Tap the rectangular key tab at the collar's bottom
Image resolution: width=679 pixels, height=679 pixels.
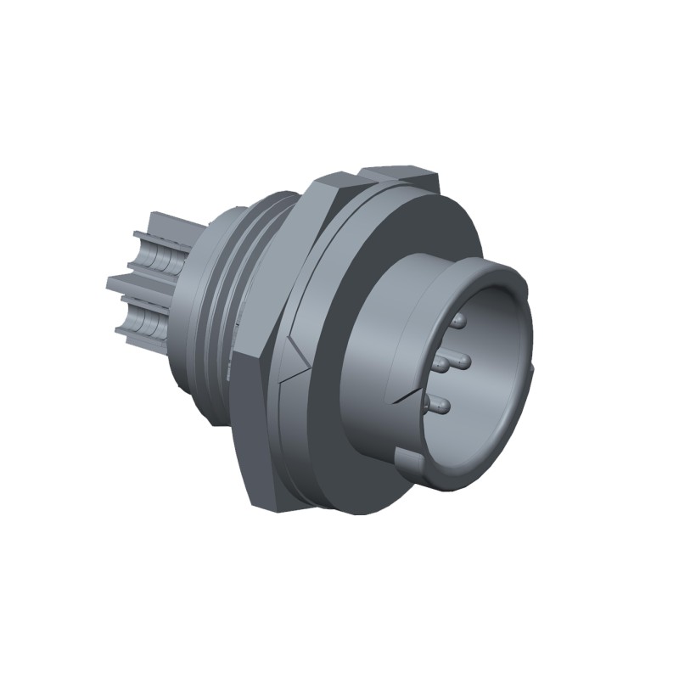pos(408,463)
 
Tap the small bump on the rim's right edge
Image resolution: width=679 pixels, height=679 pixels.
pos(532,366)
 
